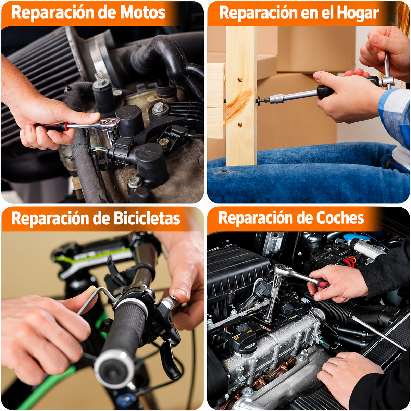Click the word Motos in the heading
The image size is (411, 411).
point(142,12)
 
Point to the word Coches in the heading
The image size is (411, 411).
point(340,217)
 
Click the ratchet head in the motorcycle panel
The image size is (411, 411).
point(108,125)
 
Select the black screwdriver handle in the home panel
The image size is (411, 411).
point(325,92)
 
